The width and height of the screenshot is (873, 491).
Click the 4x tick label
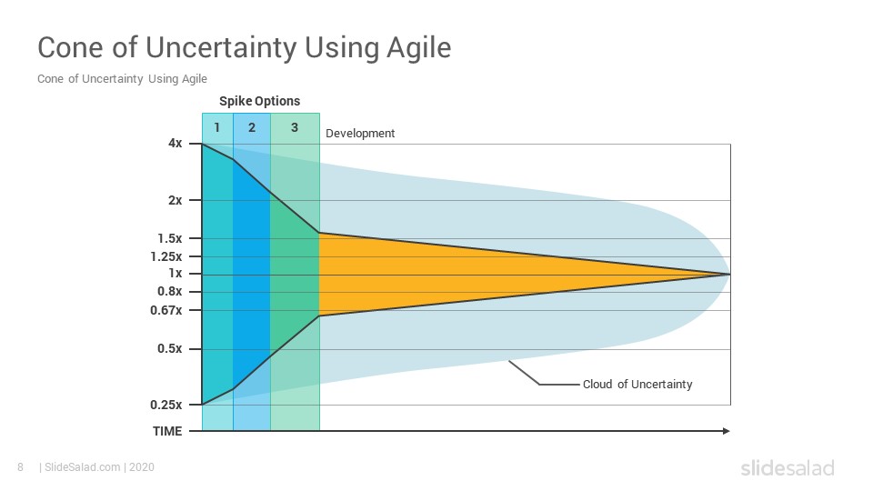pos(175,144)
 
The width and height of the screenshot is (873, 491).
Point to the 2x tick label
pos(175,200)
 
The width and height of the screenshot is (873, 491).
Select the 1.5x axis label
pos(170,239)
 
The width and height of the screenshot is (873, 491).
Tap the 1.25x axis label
pos(166,256)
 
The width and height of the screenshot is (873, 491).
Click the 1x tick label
pos(176,274)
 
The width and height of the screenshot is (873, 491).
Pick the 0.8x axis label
pos(170,291)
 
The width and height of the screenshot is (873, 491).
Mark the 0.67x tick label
pos(166,310)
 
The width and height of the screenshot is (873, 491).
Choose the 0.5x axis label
pos(170,348)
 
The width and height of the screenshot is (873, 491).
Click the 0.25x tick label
pos(166,405)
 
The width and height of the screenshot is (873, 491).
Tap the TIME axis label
pos(167,431)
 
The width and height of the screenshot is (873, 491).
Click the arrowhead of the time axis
pos(726,431)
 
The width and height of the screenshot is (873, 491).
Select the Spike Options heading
pos(259,101)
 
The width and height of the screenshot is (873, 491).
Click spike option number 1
pos(217,128)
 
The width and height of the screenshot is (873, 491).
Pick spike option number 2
pos(252,128)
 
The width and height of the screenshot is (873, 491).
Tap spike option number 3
pos(295,128)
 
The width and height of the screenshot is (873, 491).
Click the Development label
pos(360,134)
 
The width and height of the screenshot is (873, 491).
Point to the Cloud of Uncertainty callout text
pos(637,384)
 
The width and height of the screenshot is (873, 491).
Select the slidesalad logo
pos(788,467)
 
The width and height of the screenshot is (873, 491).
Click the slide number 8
pos(21,467)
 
